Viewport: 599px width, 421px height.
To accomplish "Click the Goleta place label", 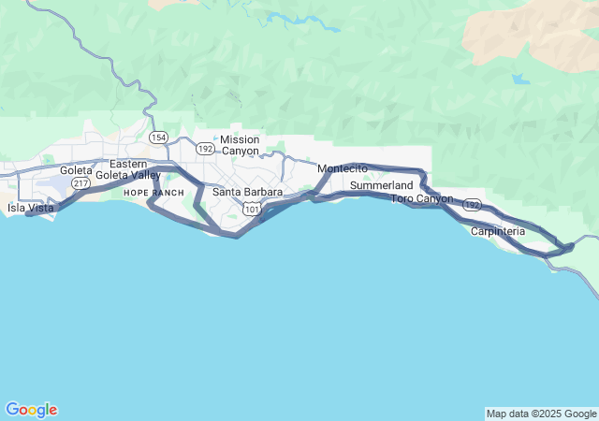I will click(x=76, y=170).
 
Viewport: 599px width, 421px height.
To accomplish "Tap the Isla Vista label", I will click(x=30, y=208).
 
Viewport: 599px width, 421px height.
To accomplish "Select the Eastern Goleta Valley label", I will click(x=128, y=169).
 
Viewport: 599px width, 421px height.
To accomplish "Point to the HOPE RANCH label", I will click(x=153, y=192).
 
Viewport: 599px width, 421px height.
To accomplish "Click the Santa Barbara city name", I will click(x=247, y=192).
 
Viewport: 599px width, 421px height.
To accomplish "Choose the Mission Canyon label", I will click(x=240, y=144).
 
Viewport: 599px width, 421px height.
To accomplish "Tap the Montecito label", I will click(x=343, y=168).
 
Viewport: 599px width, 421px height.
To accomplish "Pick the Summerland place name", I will click(x=381, y=186).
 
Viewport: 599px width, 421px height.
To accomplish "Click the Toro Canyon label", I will click(x=421, y=198).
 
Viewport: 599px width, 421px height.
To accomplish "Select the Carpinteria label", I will click(x=498, y=231).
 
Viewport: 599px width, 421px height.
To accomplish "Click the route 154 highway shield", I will click(x=158, y=138).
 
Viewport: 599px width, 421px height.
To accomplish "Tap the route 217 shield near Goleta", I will click(x=81, y=183).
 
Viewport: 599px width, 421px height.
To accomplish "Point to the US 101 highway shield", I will click(x=251, y=209).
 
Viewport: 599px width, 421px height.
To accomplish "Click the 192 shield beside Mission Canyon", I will click(x=205, y=148).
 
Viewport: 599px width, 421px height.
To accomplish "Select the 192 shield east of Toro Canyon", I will click(x=472, y=204).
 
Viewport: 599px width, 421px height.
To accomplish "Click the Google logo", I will click(x=31, y=410).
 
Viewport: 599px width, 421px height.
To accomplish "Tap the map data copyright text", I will click(x=540, y=414).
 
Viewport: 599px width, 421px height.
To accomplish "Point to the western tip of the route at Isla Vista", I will click(x=28, y=213).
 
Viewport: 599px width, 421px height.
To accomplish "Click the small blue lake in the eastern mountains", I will click(x=519, y=80).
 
